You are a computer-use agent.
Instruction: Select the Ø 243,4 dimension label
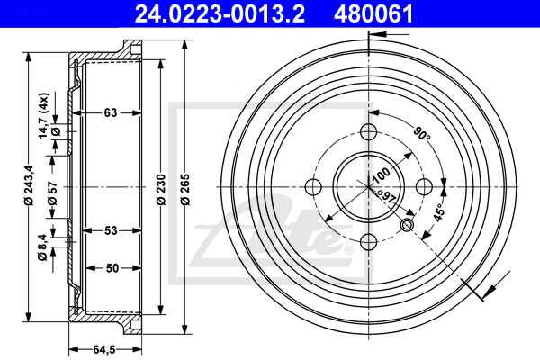coord(30,189)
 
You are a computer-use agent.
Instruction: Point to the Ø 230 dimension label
coord(159,189)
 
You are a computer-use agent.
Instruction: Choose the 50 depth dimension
coord(112,268)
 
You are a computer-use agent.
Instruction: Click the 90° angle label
coord(422,135)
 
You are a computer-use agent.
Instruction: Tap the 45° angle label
coord(438,213)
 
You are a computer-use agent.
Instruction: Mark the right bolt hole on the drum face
coord(424,187)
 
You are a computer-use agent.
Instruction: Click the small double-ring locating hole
coord(407,225)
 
